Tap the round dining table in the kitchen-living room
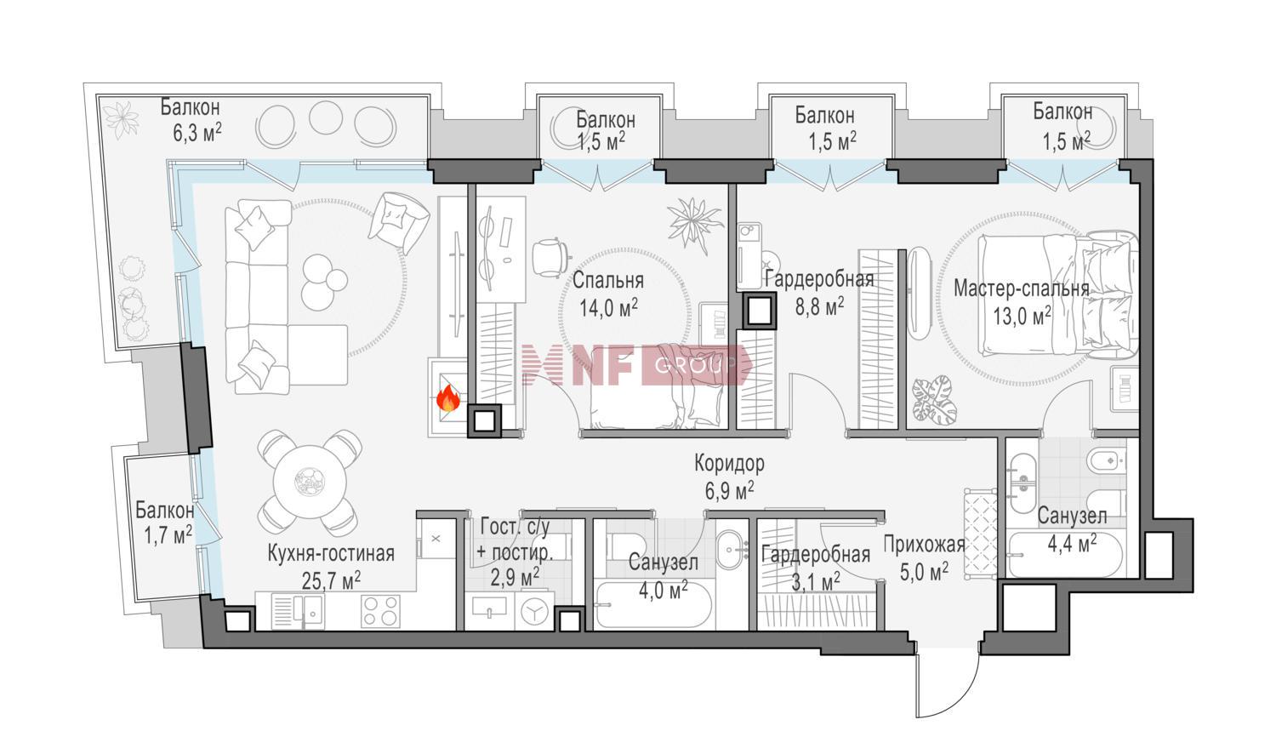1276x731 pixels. coord(310,482)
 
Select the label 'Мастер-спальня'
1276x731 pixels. coord(1022,288)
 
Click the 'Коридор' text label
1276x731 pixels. coord(729,464)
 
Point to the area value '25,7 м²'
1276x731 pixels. coord(331,581)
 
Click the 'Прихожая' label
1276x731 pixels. coord(924,545)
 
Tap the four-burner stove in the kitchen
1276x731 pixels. coord(380,611)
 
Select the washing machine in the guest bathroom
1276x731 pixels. coord(534,611)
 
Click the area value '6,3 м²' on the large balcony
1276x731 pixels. coord(197,133)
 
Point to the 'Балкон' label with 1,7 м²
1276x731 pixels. coord(165,511)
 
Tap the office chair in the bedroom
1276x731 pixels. coord(550,257)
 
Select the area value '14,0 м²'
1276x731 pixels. coord(608,308)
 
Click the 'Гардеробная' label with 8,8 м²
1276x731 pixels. coord(819,279)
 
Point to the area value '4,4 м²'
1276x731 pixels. coord(1072,544)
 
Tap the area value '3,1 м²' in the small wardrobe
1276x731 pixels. coord(816,582)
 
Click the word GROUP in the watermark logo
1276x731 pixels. coord(695,364)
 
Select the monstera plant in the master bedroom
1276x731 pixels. coord(935,400)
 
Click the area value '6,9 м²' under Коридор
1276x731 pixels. coord(729,490)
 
